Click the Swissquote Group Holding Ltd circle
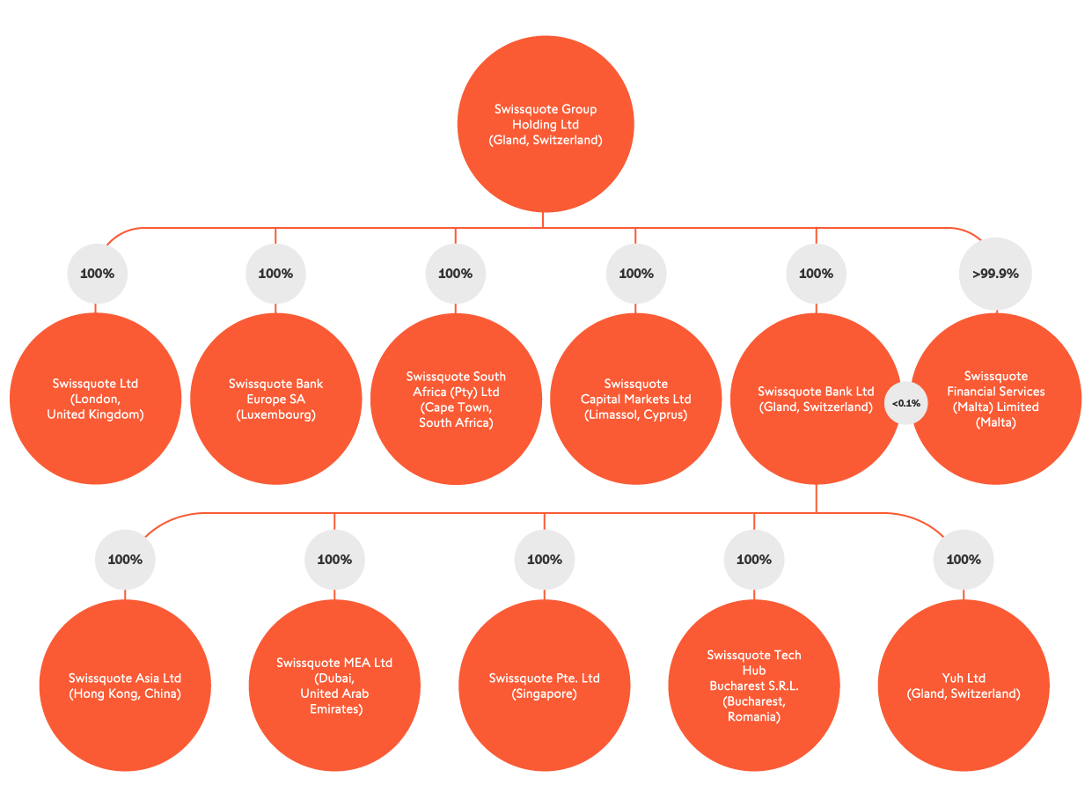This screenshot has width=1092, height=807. [545, 124]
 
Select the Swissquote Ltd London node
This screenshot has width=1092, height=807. [95, 399]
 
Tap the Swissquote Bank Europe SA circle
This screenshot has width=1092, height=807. [275, 399]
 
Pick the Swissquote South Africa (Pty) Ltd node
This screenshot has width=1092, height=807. [456, 399]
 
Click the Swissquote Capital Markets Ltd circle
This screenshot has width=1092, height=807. [635, 399]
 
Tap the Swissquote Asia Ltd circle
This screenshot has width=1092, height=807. [125, 686]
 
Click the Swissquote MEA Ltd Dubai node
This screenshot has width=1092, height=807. [334, 686]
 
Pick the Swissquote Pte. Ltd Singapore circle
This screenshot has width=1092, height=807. [544, 686]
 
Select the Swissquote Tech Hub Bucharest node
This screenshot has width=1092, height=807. [753, 686]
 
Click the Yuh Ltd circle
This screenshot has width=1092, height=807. [964, 686]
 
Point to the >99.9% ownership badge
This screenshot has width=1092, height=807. [995, 274]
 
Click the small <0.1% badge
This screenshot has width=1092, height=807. [905, 403]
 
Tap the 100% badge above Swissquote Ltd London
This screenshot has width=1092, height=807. [97, 274]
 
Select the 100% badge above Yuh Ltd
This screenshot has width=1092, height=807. [963, 560]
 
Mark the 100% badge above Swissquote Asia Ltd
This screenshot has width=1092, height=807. [125, 560]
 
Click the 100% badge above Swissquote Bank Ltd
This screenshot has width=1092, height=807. [816, 274]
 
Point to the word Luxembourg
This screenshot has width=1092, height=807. [275, 415]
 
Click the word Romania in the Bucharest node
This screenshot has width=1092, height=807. [753, 717]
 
